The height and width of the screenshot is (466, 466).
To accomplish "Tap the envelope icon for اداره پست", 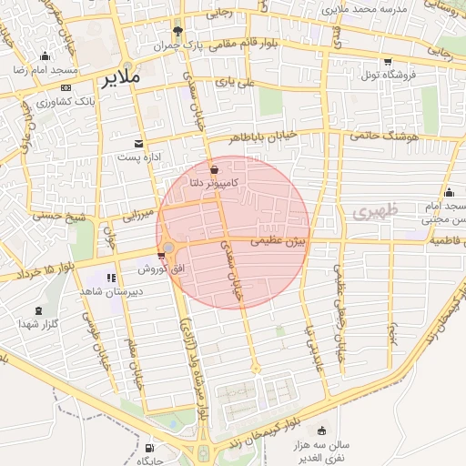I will coord(138,144).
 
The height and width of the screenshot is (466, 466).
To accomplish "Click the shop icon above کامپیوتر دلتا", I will coord(214,170).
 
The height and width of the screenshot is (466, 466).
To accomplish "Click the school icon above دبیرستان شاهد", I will coord(111,278).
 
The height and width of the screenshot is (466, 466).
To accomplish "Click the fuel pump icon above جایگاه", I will coord(149,448).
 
